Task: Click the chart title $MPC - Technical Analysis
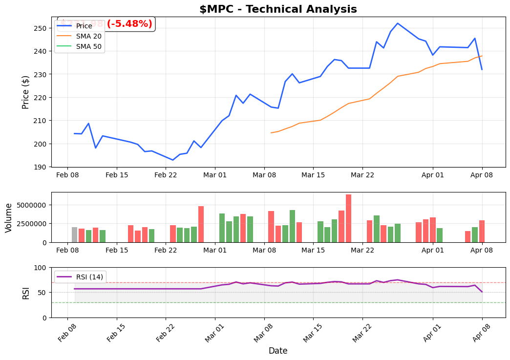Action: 278,9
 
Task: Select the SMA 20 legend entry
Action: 88,36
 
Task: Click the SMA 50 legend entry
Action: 88,46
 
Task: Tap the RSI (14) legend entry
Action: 89,277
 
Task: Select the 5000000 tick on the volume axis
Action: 31,205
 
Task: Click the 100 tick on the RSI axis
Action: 42,268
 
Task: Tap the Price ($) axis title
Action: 26,92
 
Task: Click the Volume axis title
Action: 9,217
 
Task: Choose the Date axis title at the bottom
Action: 278,351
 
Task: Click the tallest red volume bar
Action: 348,218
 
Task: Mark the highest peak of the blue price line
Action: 398,23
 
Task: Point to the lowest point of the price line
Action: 172,160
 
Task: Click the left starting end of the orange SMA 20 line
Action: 271,133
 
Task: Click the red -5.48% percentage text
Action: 129,24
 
